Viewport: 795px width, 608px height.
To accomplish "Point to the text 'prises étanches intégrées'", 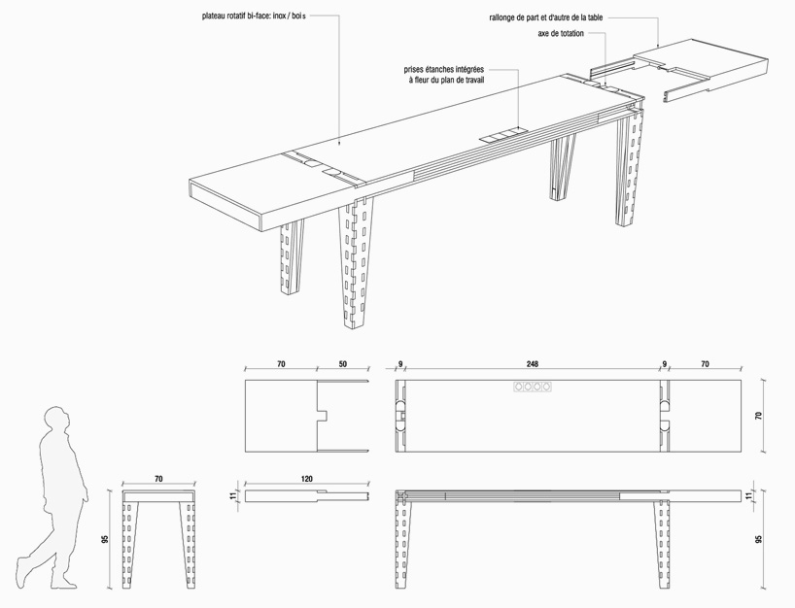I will [444, 70].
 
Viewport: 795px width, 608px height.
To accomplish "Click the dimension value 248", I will [533, 365].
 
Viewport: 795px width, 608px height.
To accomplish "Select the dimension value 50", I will [342, 365].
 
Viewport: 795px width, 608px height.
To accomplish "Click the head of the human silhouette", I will [57, 421].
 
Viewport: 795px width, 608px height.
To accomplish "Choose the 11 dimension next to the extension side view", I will [232, 495].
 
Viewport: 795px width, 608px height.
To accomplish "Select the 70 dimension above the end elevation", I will [156, 480].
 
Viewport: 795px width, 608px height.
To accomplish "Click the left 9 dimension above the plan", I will [400, 365].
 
